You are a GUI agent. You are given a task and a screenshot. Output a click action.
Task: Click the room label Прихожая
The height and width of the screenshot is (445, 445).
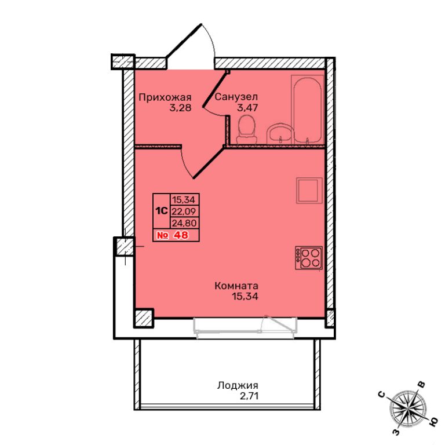pos(165,97)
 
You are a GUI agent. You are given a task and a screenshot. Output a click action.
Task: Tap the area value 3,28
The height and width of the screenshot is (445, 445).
pos(180,108)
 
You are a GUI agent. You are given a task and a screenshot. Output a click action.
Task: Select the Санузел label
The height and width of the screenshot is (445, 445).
pos(236,97)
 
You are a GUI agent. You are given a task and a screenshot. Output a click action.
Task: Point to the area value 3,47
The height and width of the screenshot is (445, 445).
pos(247,108)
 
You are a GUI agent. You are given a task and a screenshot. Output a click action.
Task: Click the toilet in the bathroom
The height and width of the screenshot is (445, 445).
pos(247,130)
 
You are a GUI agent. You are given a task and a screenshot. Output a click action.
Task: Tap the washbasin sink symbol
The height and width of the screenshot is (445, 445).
pos(280,134)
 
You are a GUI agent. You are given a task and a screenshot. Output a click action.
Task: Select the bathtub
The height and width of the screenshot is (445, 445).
pos(308,110)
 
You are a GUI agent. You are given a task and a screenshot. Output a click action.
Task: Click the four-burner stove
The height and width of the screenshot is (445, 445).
pos(309,258)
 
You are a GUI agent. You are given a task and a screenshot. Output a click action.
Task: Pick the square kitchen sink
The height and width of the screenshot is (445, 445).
pos(309,191)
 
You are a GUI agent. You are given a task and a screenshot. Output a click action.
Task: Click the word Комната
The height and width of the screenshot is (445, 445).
pos(236,286)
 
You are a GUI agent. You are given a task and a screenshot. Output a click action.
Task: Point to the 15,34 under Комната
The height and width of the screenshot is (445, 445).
pos(245,297)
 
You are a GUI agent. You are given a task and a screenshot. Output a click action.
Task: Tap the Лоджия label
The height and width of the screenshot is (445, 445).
pos(238,385)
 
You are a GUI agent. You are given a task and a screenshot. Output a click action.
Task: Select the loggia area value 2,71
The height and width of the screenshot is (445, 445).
pos(249,396)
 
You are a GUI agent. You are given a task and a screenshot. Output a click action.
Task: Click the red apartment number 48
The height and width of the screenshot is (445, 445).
pos(181,235)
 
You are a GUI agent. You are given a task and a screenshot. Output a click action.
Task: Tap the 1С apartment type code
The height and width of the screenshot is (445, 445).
pos(161,211)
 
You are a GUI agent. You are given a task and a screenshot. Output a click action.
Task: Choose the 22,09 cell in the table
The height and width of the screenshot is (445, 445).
pos(184,211)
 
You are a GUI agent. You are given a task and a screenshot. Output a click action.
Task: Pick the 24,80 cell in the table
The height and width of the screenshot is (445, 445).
pos(184,223)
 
